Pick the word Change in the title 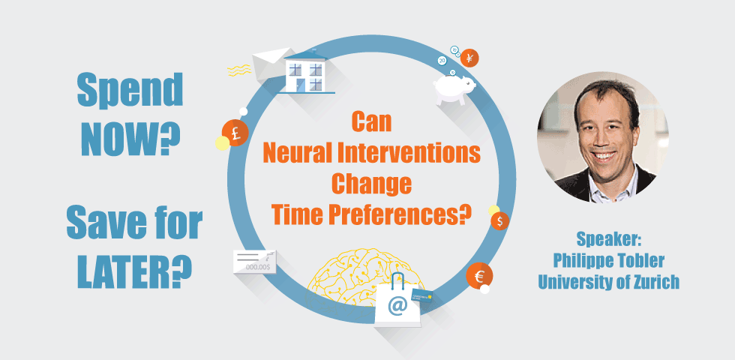pos(371,184)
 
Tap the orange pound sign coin pos(235,133)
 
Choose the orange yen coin pos(469,58)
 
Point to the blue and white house pos(307,74)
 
